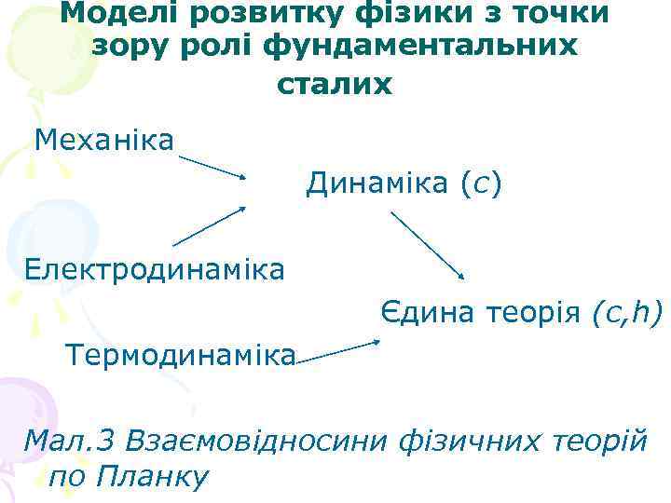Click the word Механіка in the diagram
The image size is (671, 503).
click(x=104, y=141)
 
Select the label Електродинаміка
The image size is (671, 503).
click(x=155, y=270)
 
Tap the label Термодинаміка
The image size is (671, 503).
click(x=179, y=355)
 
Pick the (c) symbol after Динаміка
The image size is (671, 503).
click(x=482, y=184)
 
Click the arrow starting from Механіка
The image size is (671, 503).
click(x=212, y=167)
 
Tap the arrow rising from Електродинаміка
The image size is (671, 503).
click(x=209, y=225)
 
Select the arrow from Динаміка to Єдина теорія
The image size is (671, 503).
click(x=428, y=245)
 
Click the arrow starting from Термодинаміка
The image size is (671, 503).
click(x=337, y=352)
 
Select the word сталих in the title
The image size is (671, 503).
click(x=335, y=84)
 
